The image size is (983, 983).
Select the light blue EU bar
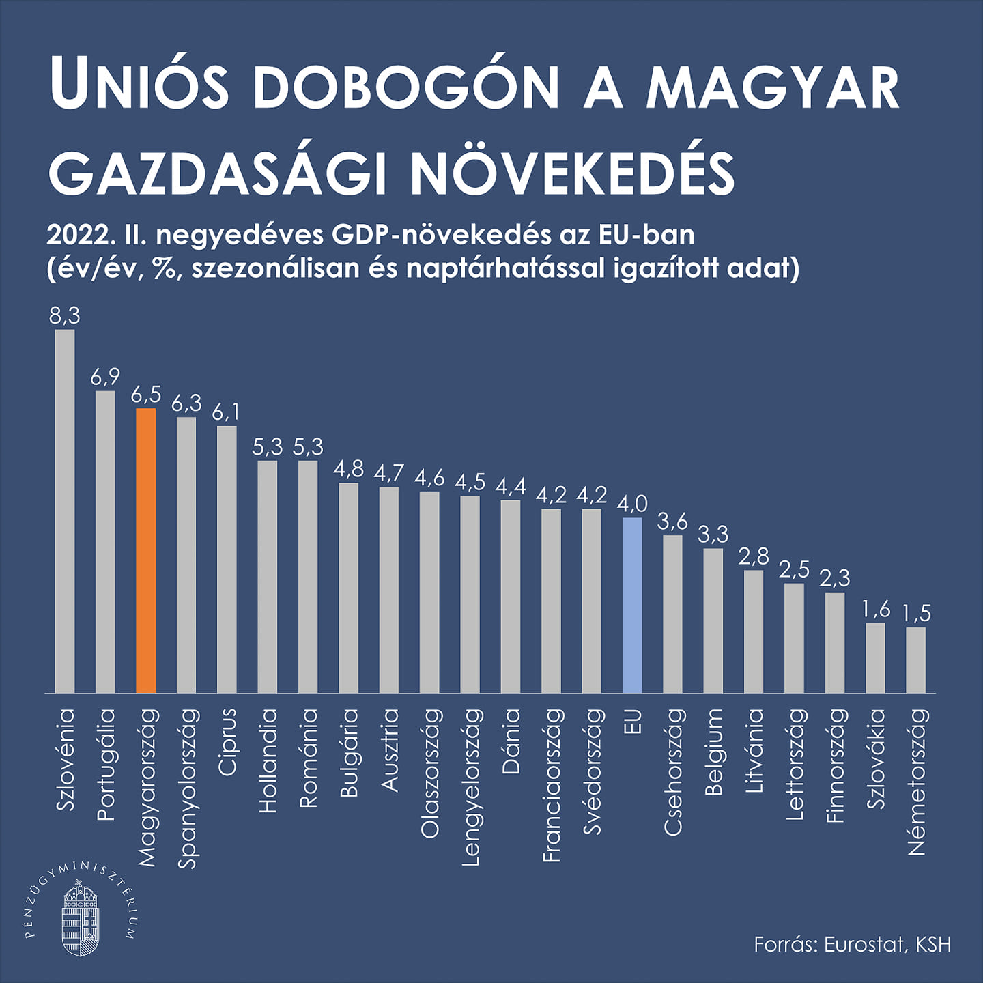click(x=632, y=606)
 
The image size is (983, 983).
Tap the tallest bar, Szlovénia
click(x=65, y=511)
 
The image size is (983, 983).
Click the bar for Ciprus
click(x=227, y=560)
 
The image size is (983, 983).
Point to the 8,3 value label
click(x=65, y=315)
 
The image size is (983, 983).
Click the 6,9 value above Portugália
click(x=105, y=376)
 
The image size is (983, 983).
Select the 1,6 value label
click(x=876, y=609)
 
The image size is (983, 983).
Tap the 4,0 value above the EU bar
click(x=632, y=504)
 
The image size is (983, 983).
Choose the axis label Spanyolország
click(x=187, y=788)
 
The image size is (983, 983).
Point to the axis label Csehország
click(x=673, y=771)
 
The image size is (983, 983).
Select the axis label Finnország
click(x=836, y=765)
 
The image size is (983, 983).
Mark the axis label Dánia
click(x=511, y=741)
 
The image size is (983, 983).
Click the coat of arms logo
click(x=81, y=918)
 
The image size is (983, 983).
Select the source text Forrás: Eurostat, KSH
click(x=852, y=945)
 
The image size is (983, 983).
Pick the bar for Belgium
click(x=713, y=621)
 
